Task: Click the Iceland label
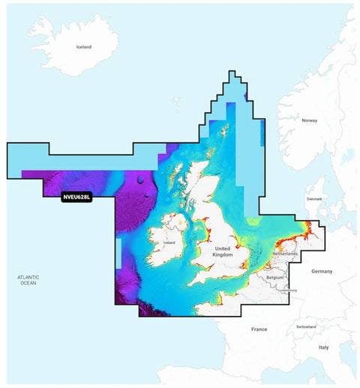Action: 84,46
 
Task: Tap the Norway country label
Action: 310,121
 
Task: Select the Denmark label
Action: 314,199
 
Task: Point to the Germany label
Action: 322,270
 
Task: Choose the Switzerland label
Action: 305,327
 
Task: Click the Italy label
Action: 323,348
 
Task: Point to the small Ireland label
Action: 169,243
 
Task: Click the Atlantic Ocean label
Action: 28,280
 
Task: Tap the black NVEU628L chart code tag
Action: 76,198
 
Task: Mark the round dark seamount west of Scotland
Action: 140,180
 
